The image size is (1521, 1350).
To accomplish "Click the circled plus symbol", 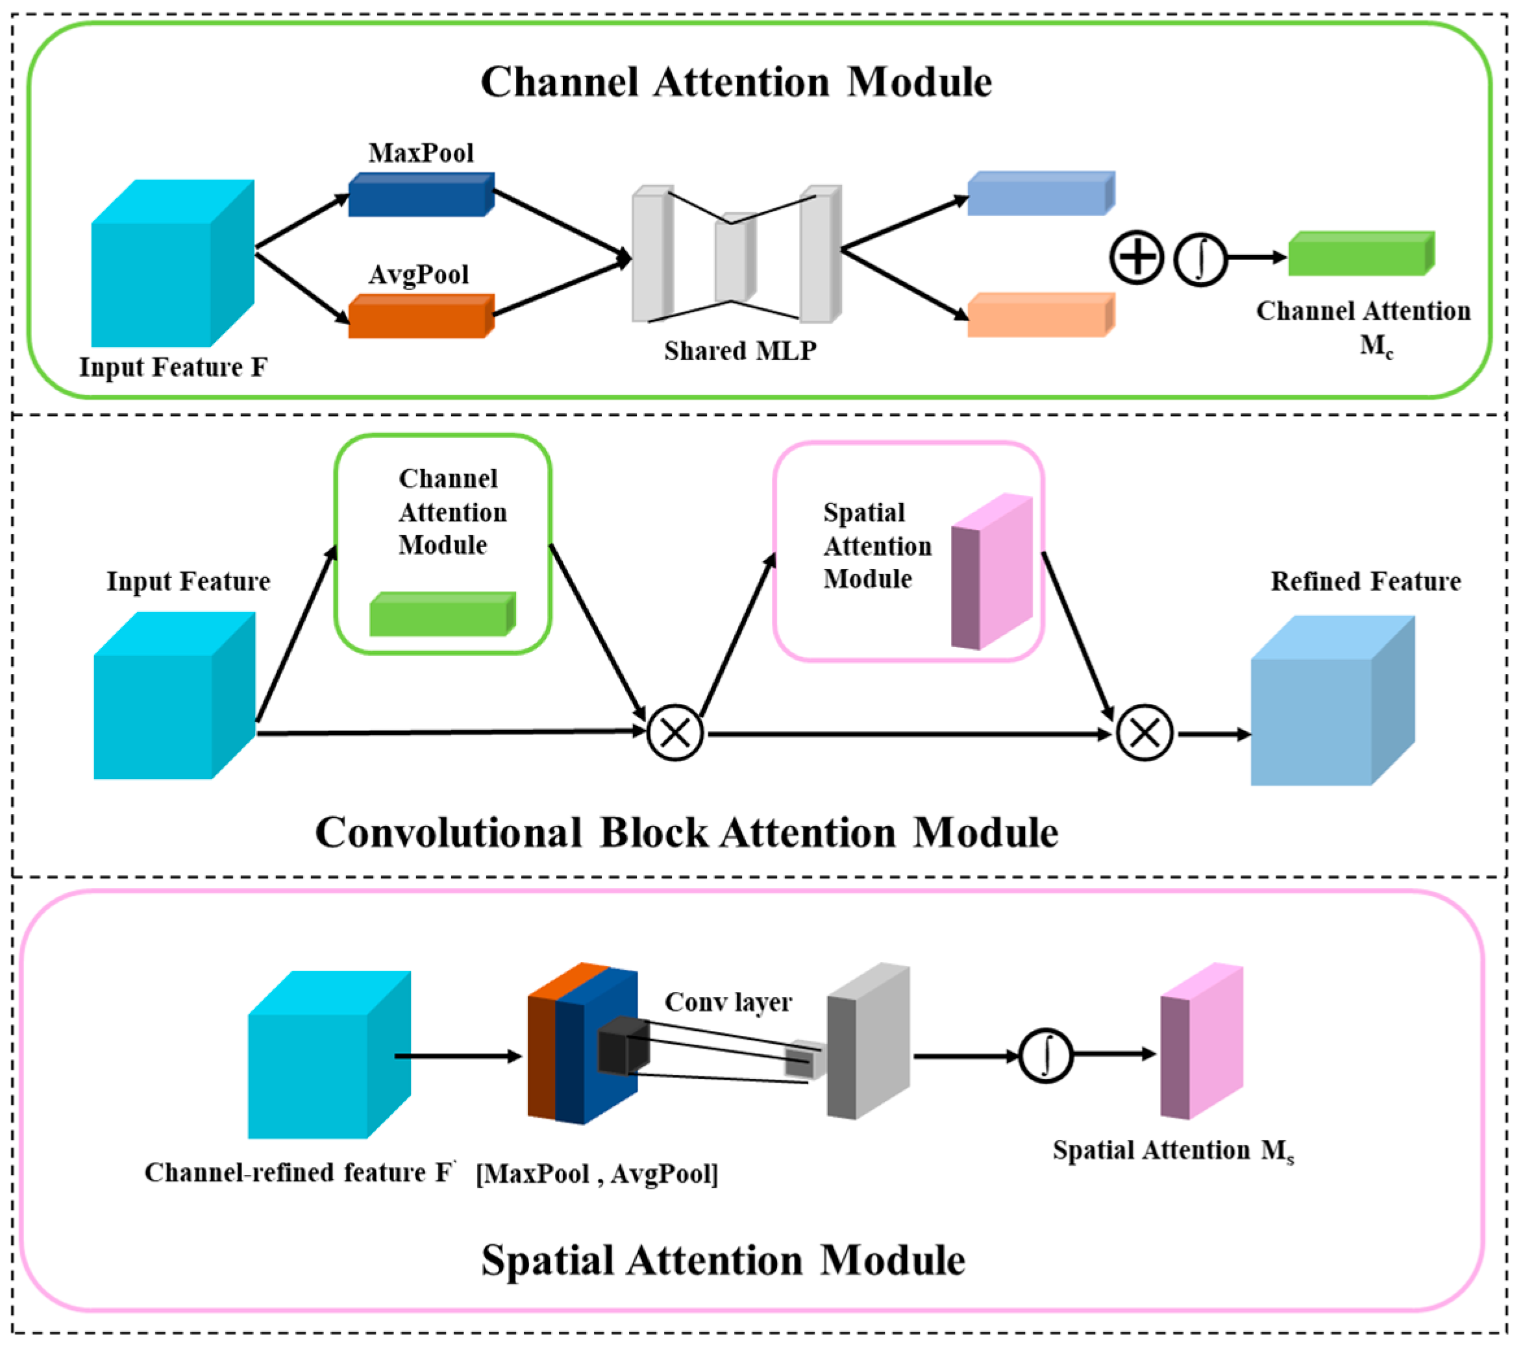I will click(1135, 258).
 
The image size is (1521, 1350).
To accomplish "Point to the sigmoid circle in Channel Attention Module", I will click(1200, 259).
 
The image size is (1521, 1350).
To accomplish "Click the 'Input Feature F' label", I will click(173, 367).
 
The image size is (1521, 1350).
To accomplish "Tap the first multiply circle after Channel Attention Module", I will click(675, 734).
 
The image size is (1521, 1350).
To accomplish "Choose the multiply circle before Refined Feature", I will click(1144, 734).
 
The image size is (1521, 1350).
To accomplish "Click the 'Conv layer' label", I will click(728, 1003).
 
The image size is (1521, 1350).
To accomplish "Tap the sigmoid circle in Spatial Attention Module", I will click(1046, 1056).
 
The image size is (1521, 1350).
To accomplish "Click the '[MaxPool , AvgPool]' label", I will click(597, 1174).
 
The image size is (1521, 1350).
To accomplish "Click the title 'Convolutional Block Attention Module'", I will click(686, 833).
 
